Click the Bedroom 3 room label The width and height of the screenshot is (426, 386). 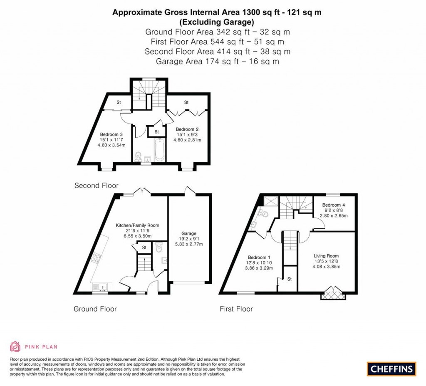tap(111, 134)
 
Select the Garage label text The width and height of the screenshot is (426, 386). tap(189, 233)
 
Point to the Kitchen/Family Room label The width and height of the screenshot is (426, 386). tap(137, 225)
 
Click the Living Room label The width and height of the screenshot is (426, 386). tap(326, 256)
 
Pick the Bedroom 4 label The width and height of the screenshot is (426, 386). tap(334, 205)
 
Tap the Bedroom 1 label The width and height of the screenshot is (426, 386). tap(259, 257)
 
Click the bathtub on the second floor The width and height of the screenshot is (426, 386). tap(159, 150)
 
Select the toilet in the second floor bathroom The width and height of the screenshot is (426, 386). tap(138, 156)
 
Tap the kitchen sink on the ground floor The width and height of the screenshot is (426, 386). tap(102, 287)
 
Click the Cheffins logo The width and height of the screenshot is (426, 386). tap(391, 369)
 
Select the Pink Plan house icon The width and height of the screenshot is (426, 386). tap(15, 346)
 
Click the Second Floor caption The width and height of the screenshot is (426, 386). tap(97, 186)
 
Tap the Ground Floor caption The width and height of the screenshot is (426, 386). tap(95, 309)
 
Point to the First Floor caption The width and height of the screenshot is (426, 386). tap(236, 309)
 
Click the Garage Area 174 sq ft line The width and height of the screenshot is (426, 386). tap(217, 62)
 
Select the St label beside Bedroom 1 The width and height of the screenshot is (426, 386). tap(290, 279)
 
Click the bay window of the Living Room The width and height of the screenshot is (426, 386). tap(333, 293)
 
